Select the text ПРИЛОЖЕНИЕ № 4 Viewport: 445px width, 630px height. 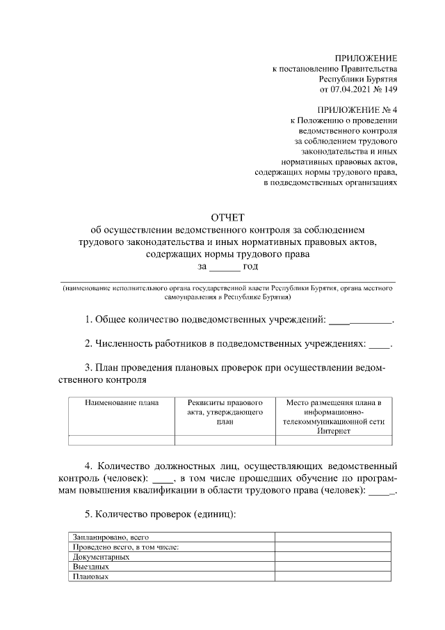357,110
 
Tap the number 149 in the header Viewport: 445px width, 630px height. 389,90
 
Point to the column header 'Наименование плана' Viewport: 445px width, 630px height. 121,403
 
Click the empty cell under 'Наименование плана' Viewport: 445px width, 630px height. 121,439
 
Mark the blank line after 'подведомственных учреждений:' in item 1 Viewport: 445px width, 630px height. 360,321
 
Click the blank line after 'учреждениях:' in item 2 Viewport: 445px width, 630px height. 380,345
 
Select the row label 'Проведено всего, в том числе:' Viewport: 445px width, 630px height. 126,547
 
